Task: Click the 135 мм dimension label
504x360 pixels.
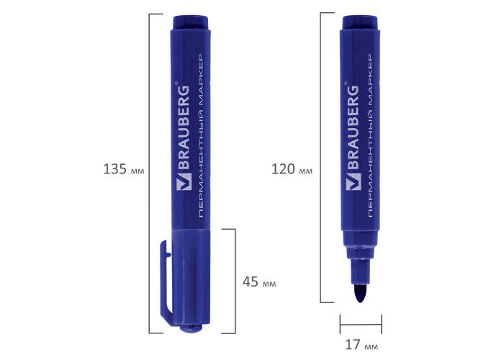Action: [x=124, y=169]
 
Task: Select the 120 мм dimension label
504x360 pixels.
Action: [x=292, y=169]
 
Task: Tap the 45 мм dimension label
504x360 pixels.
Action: [x=259, y=282]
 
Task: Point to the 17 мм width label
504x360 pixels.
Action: [x=361, y=345]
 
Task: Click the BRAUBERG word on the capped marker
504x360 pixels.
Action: [x=184, y=127]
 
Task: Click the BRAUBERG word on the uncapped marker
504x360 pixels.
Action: [x=352, y=127]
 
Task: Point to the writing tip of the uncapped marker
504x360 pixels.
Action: [x=361, y=293]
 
